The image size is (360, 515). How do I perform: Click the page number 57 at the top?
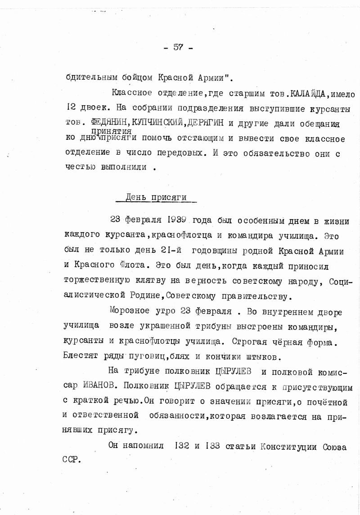click(x=178, y=48)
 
